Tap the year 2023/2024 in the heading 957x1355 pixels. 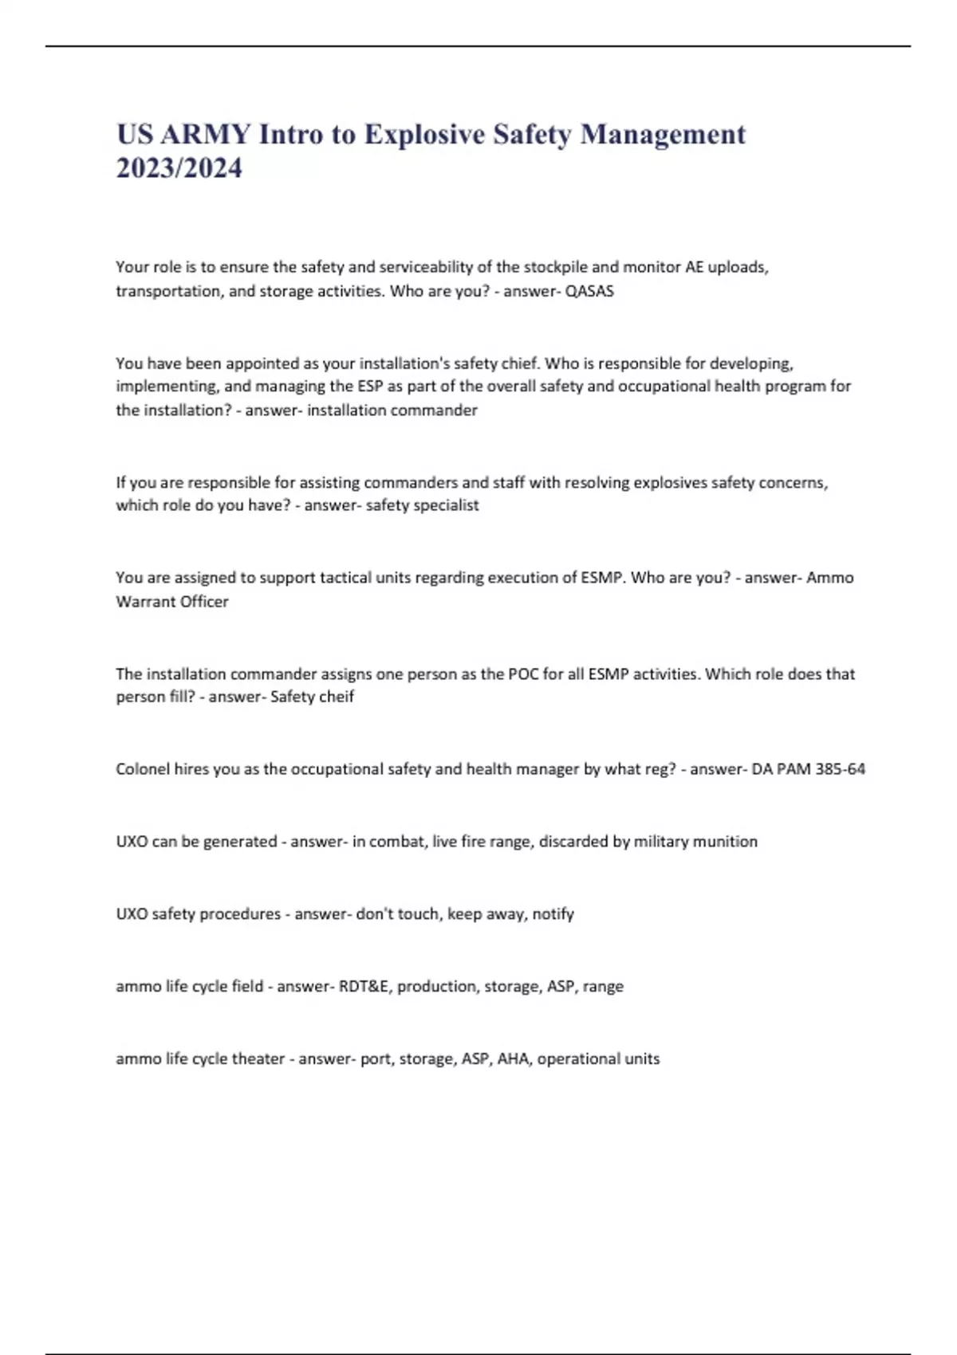pos(179,168)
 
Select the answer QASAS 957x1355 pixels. pos(589,291)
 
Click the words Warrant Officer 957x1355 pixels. pos(172,602)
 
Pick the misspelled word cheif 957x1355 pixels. pos(336,697)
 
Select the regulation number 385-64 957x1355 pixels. pos(840,769)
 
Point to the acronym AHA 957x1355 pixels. pos(513,1059)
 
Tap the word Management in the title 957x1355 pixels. pos(663,134)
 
